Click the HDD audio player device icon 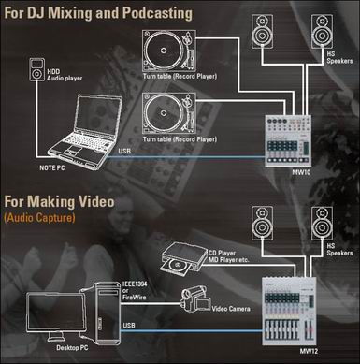pos(37,69)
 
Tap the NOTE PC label pos(52,167)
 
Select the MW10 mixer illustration pos(288,141)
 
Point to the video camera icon pos(194,300)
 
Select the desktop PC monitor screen pos(55,313)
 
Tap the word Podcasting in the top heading pos(157,13)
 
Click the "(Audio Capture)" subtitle pos(39,217)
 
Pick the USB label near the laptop pos(124,151)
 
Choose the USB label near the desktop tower pos(129,326)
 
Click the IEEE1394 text pos(135,284)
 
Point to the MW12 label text pos(309,351)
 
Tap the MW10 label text pos(301,172)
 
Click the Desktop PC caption pos(72,348)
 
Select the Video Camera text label pos(231,309)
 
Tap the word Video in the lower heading pos(96,201)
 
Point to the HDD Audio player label pos(65,75)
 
